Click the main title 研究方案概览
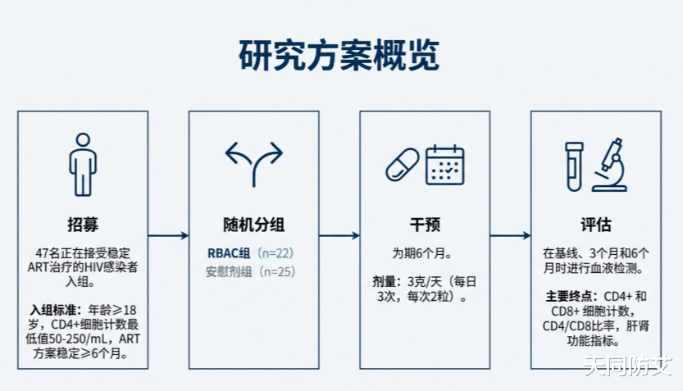pos(339,55)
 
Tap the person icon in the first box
pos(83,165)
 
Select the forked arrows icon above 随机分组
pos(254,164)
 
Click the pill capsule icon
pos(403,165)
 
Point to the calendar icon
pos(444,165)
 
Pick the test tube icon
pos(574,166)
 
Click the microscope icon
pos(610,165)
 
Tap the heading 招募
pos(83,225)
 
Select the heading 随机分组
pos(254,225)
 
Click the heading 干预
pos(425,225)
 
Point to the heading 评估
pos(596,225)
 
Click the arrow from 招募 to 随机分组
pos(169,235)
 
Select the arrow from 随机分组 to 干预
pos(339,235)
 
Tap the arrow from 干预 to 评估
pos(511,235)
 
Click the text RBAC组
pos(229,253)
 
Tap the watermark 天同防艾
pos(628,366)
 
